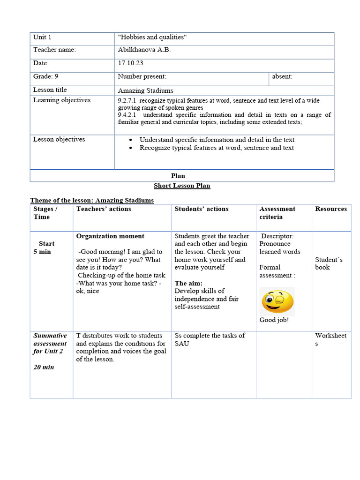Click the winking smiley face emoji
click(277, 301)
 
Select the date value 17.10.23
click(131, 63)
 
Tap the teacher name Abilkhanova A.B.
click(144, 50)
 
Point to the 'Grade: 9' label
click(45, 76)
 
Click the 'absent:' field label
click(282, 76)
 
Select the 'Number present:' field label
click(142, 76)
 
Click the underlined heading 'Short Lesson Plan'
click(182, 186)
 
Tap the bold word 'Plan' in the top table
click(178, 176)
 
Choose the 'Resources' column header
click(331, 209)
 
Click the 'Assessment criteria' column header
click(277, 213)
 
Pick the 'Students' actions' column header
click(202, 209)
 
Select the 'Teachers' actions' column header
click(104, 209)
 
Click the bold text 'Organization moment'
click(110, 236)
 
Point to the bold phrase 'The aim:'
click(188, 283)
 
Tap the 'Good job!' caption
click(274, 320)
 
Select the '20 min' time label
click(44, 367)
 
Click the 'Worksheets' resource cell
click(330, 339)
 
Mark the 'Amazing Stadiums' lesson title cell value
click(145, 90)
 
